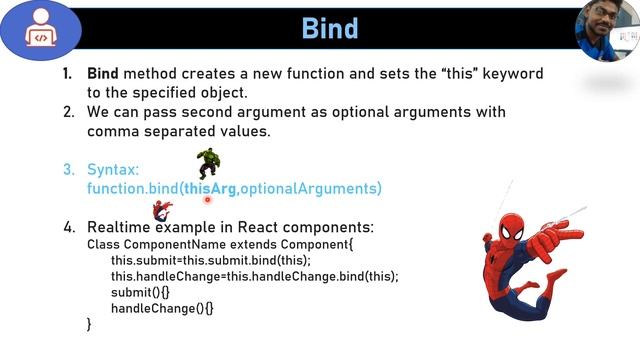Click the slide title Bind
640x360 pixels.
click(x=330, y=27)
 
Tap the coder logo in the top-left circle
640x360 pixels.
click(x=41, y=28)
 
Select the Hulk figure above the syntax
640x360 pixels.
click(x=208, y=162)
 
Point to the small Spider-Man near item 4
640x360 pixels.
click(x=162, y=210)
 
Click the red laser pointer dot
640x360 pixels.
click(x=209, y=200)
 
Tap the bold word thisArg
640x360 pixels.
click(x=210, y=188)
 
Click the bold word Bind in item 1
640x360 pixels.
click(x=103, y=74)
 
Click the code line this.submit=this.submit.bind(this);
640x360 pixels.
click(x=211, y=260)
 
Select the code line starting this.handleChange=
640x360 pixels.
click(x=254, y=276)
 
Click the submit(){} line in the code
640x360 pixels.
click(x=140, y=292)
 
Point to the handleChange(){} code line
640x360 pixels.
click(x=162, y=308)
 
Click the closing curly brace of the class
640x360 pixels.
click(x=90, y=324)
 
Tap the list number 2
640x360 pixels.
click(x=68, y=112)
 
